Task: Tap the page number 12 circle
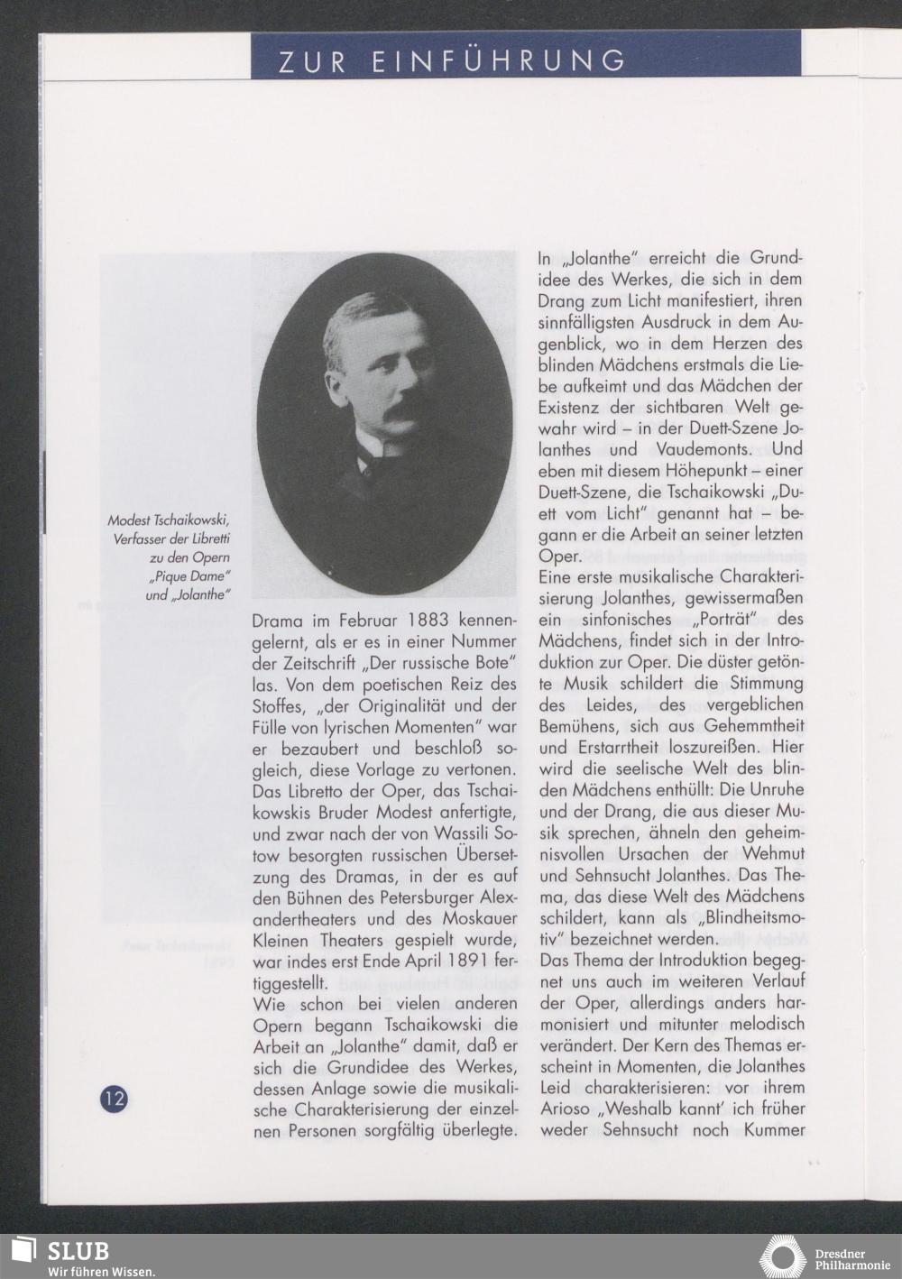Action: click(x=114, y=1100)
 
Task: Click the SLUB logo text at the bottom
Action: click(x=78, y=1251)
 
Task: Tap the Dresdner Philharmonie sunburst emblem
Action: click(x=781, y=1256)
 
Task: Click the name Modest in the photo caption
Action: click(x=129, y=520)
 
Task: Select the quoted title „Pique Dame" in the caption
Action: click(x=198, y=576)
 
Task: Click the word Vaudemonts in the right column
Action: click(x=703, y=449)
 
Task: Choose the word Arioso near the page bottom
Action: click(x=569, y=1109)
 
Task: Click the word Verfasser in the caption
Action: click(x=140, y=539)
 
